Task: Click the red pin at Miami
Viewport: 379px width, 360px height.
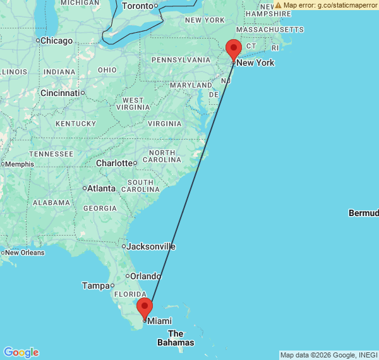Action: coord(145,308)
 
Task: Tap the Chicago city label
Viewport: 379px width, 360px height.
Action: coord(59,40)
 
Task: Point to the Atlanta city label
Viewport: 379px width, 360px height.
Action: coord(101,188)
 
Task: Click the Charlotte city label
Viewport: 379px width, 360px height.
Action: coord(114,163)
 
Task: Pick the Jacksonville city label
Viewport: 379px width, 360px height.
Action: coord(151,246)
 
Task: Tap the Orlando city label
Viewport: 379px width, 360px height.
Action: coord(146,276)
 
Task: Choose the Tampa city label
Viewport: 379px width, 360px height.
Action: coord(96,285)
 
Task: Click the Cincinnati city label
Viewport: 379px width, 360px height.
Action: coord(60,93)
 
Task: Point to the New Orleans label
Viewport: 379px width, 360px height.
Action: coord(25,253)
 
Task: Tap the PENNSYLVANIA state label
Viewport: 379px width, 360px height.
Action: coord(180,60)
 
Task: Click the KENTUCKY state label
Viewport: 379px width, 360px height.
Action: coord(75,123)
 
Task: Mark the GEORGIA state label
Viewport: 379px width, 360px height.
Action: coord(100,208)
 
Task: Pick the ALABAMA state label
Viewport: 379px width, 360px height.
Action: coord(52,203)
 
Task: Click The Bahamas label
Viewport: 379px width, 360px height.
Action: coord(176,338)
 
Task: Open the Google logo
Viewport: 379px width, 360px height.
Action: coord(21,352)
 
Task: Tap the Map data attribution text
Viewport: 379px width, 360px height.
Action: coord(328,355)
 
